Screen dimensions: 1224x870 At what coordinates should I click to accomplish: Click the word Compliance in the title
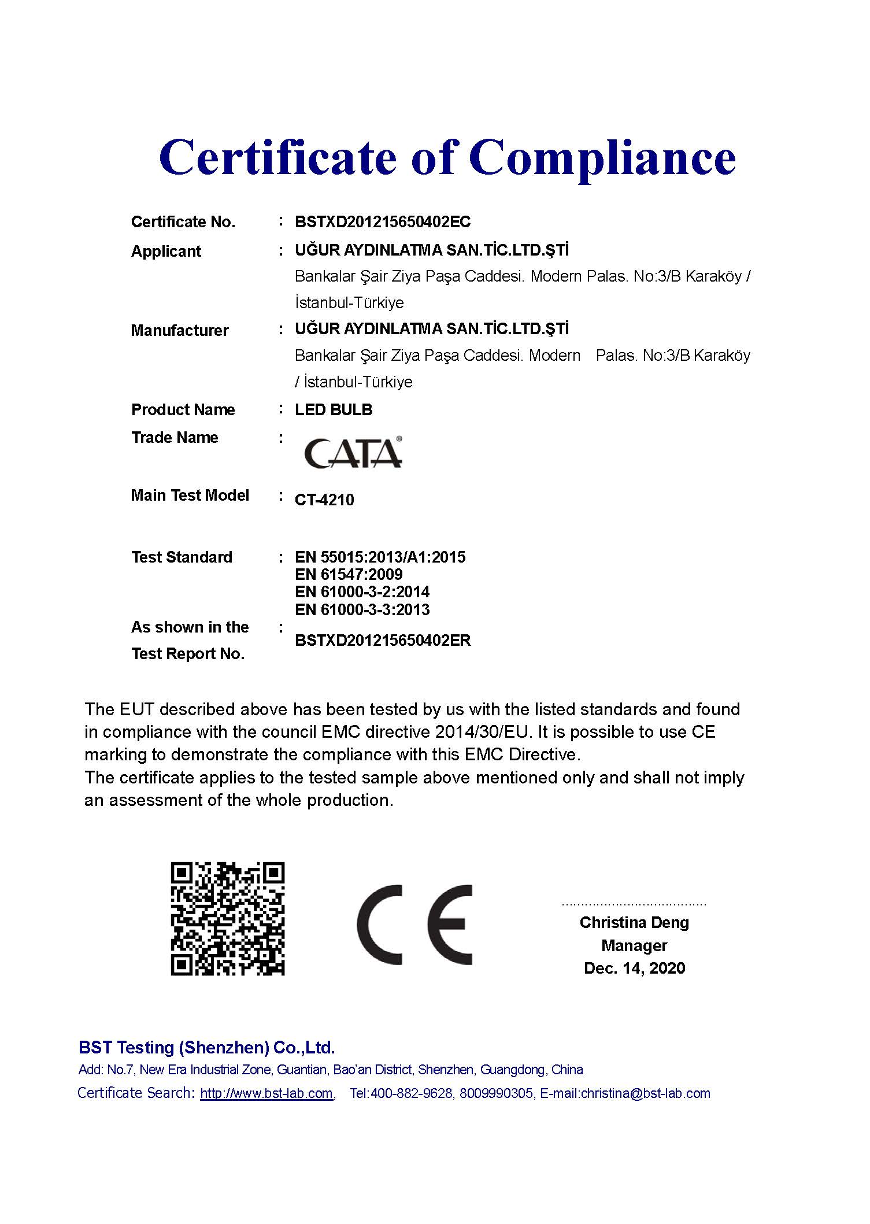[x=602, y=158]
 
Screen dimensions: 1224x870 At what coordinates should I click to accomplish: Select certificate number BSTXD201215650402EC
[x=383, y=222]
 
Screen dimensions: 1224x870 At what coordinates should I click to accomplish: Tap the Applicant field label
[x=166, y=252]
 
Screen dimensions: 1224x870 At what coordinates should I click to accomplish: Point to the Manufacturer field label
[x=180, y=331]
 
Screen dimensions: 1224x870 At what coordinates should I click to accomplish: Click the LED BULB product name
[x=334, y=410]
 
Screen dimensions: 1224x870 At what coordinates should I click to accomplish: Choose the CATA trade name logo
[x=353, y=453]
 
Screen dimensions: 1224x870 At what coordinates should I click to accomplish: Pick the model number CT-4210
[x=324, y=500]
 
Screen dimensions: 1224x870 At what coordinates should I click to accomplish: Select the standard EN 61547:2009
[x=349, y=575]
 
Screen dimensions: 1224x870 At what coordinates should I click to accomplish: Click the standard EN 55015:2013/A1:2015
[x=380, y=557]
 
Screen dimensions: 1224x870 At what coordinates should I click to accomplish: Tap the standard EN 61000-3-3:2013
[x=362, y=610]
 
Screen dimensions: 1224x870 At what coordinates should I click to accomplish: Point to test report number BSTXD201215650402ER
[x=383, y=641]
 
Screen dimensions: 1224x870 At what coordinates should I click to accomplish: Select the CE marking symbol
[x=414, y=925]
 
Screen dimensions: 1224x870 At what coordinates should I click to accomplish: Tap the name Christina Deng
[x=634, y=923]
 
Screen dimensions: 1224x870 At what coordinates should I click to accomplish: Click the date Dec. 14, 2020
[x=634, y=968]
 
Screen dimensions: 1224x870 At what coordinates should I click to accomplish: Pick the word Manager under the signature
[x=634, y=946]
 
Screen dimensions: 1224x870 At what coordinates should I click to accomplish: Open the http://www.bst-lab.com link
[x=266, y=1094]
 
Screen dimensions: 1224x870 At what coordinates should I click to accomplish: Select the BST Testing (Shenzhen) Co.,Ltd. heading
[x=206, y=1048]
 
